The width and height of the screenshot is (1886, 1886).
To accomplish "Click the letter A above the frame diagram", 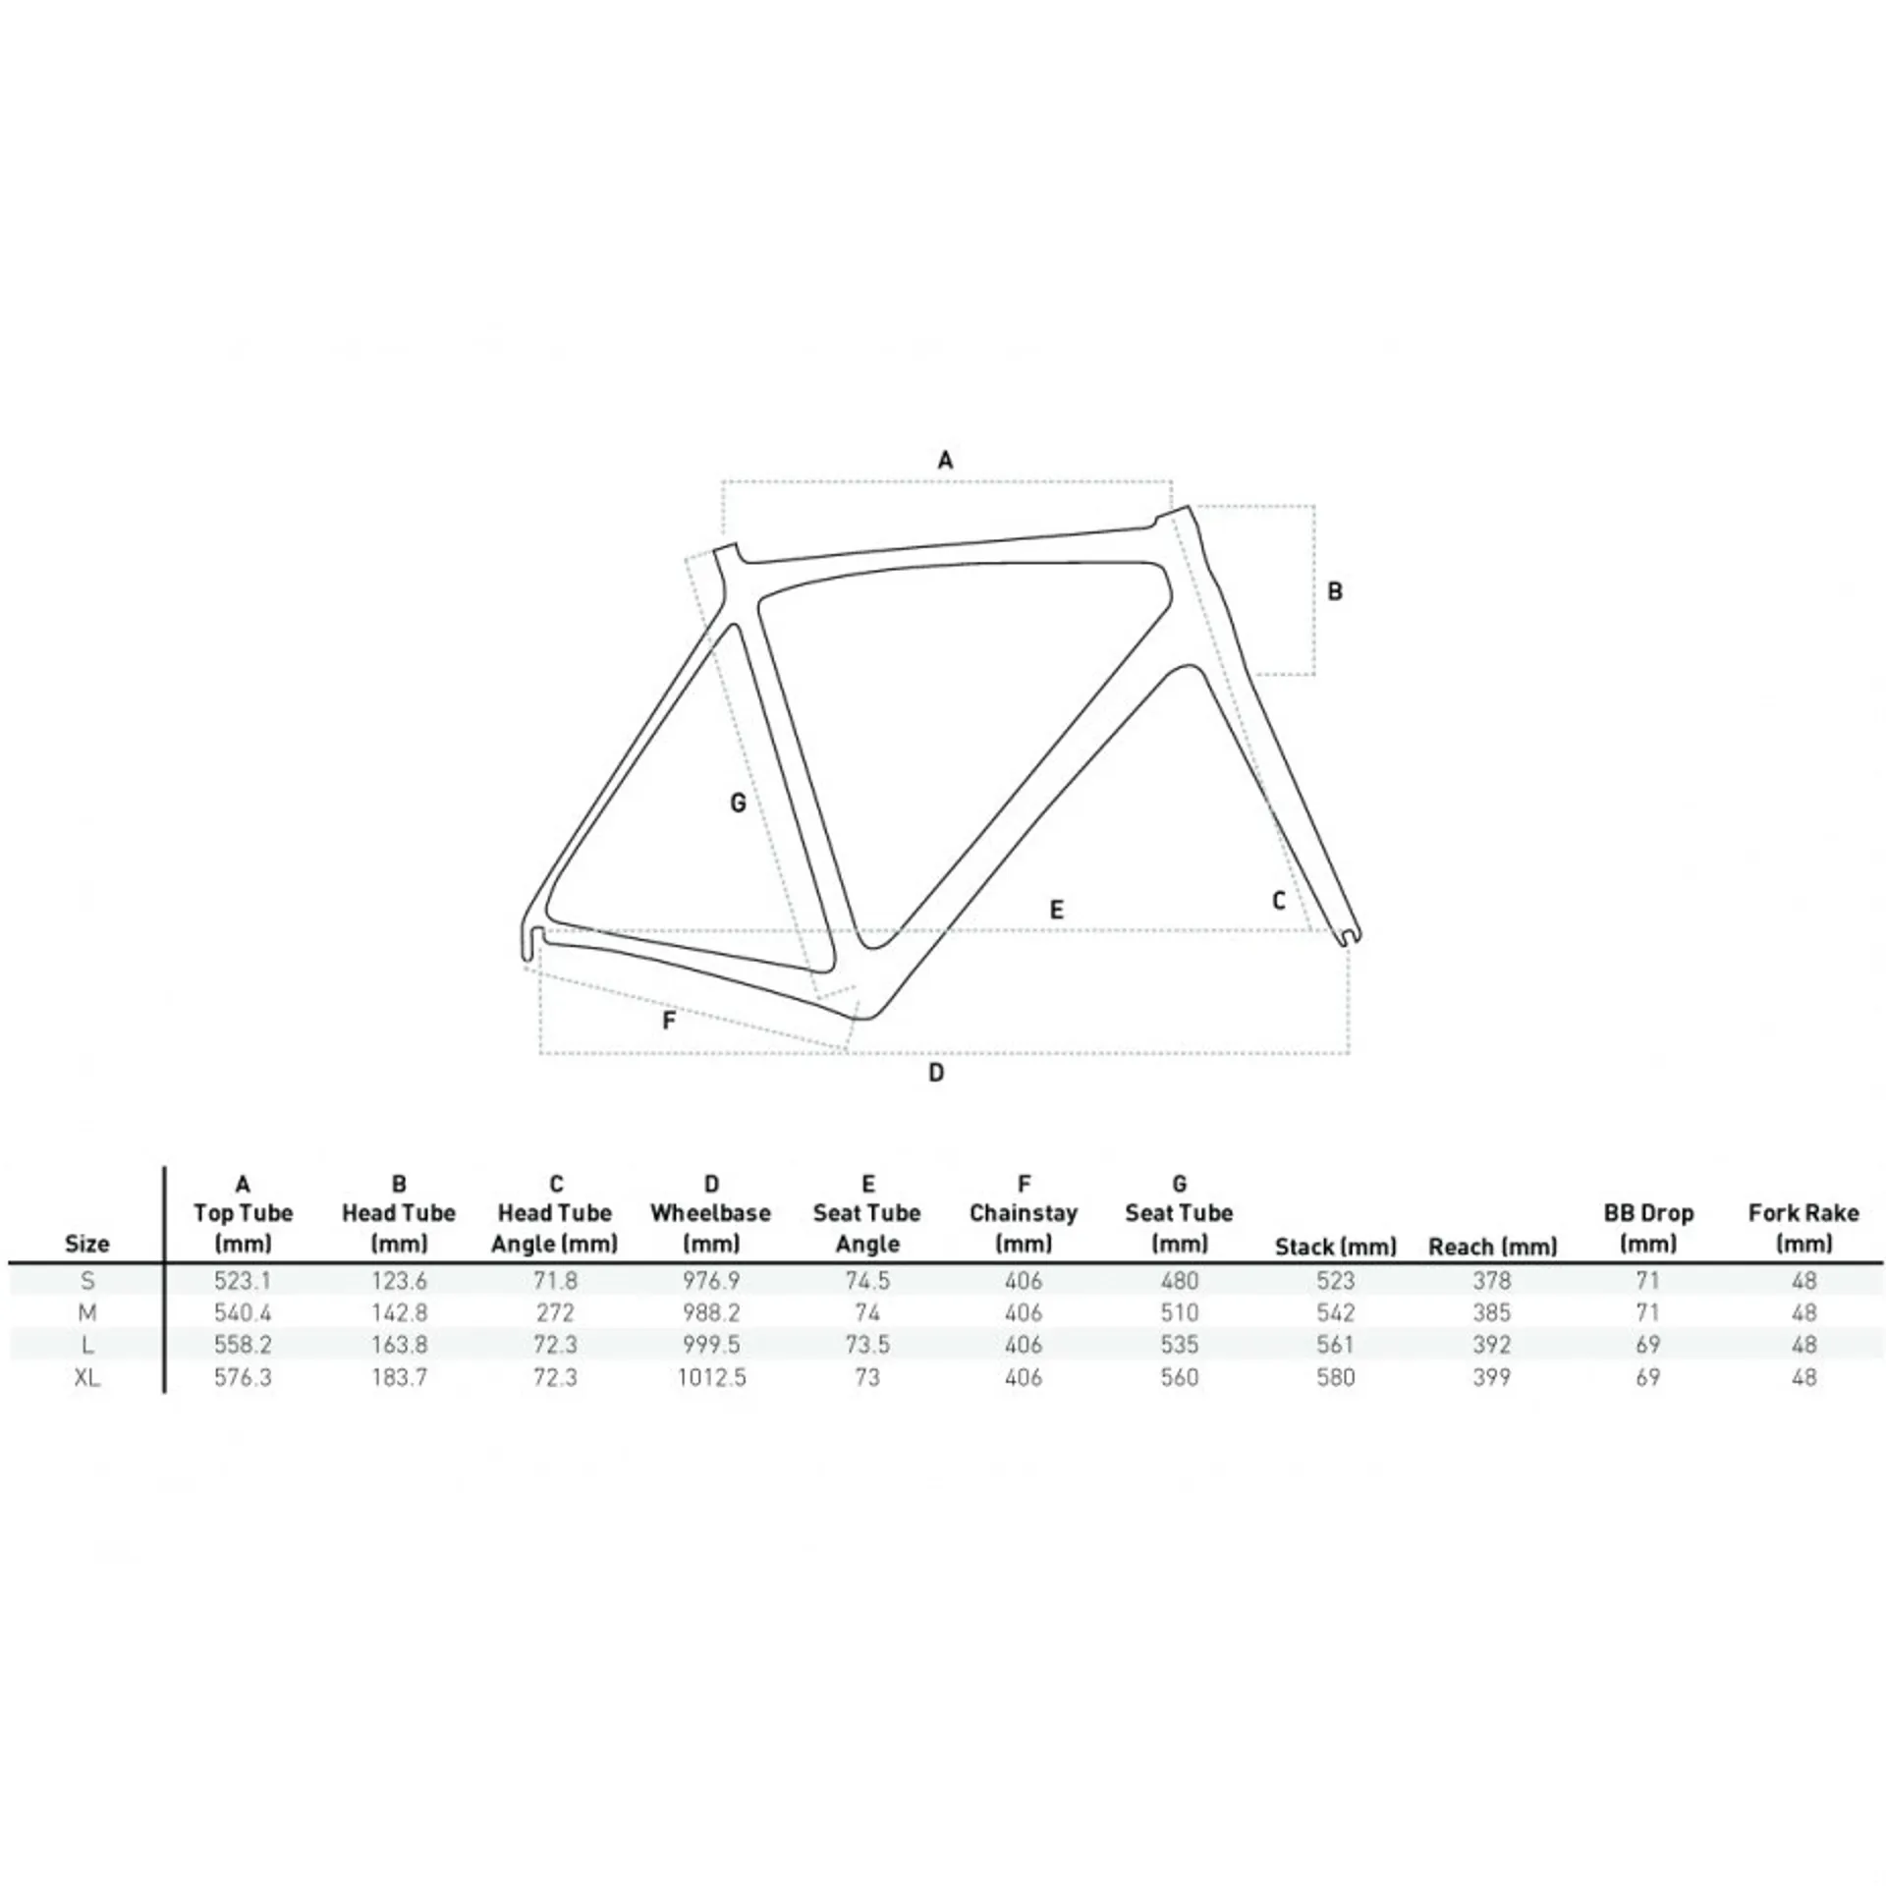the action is point(945,460).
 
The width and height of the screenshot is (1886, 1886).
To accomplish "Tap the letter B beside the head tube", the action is point(1334,591).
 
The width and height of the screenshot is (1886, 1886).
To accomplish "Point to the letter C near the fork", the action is point(1278,900).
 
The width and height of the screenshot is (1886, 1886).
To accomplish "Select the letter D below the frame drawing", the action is point(936,1073).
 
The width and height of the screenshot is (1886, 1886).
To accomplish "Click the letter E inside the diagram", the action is point(1057,910).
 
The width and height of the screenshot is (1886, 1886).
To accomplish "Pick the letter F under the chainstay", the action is point(669,1021).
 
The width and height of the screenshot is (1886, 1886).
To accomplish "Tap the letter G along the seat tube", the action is point(738,804).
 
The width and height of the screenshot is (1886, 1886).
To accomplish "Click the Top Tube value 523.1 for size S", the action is point(243,1281).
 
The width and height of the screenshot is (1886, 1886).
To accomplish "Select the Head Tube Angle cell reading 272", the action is point(555,1312).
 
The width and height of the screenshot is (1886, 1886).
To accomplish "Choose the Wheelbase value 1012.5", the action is point(711,1377).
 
